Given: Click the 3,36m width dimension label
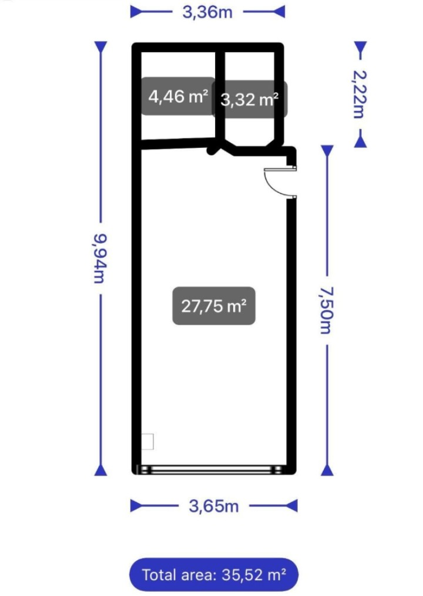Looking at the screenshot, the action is coord(207,12).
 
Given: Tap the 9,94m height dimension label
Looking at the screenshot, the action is coord(100,258).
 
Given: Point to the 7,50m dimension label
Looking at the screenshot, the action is coord(327,310).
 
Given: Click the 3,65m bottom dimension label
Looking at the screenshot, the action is coord(214,506).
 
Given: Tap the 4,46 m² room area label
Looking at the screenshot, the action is coord(178,96).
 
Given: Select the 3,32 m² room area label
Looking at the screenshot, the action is coord(250,100).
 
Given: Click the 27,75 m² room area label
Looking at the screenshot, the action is coord(214,306).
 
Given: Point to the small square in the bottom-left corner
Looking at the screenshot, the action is coord(147,442).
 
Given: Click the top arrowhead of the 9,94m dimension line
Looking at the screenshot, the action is coord(100,47).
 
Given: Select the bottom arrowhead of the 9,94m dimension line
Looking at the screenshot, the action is coord(100,470).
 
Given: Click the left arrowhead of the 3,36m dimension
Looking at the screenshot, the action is coord(136,12).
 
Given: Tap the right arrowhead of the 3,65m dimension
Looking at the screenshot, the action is coord(291,506).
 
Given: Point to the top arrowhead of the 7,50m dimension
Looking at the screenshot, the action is coord(327,151).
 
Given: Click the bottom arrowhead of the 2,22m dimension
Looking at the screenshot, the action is coord(360,142).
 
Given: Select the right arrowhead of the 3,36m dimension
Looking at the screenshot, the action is coord(278,12).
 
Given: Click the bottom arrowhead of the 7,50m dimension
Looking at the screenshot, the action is coord(327,470).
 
